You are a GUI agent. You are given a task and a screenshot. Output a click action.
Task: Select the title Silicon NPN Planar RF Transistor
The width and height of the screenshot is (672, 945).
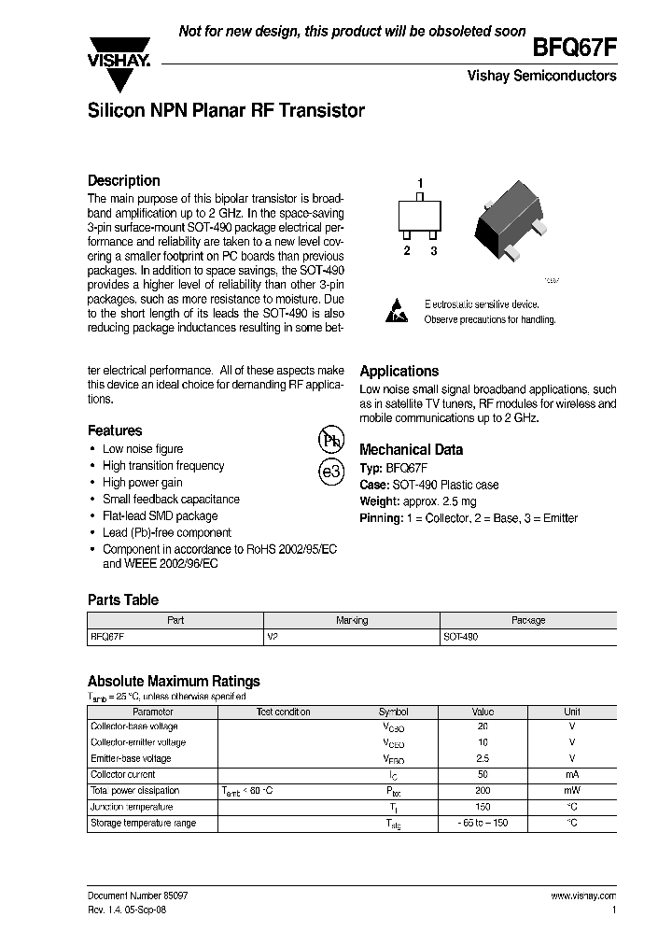click(226, 111)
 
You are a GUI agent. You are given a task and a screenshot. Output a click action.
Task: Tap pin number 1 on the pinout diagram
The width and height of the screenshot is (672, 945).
click(420, 183)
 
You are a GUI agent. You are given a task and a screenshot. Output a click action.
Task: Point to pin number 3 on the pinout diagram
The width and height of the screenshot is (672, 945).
click(433, 251)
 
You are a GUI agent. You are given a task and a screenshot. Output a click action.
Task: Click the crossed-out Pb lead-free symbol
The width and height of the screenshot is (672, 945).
click(331, 440)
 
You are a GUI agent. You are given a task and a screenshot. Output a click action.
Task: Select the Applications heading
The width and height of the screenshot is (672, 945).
click(399, 371)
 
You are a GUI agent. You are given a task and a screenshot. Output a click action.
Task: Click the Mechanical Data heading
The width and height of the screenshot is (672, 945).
click(411, 449)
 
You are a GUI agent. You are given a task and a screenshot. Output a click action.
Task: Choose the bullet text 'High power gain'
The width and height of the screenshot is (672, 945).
click(143, 483)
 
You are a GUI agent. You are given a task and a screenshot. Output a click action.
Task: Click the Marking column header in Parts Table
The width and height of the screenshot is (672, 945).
click(352, 620)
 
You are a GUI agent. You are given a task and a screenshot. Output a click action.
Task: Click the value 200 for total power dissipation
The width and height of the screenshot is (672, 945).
click(483, 791)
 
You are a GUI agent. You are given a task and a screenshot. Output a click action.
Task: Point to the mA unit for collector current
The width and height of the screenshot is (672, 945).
click(572, 775)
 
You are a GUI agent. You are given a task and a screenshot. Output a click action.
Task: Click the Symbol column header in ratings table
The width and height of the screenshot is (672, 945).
click(393, 712)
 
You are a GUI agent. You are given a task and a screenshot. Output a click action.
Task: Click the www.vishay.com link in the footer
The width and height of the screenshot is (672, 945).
click(583, 896)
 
